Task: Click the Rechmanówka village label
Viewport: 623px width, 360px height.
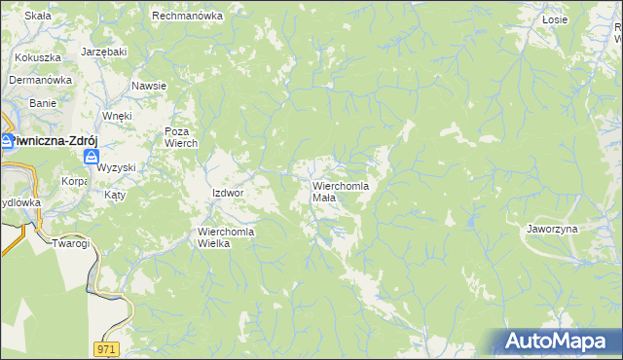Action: pyautogui.click(x=188, y=16)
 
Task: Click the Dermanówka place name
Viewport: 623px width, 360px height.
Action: pyautogui.click(x=42, y=80)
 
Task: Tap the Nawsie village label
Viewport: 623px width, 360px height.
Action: pyautogui.click(x=149, y=86)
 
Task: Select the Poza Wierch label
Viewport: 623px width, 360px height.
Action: pyautogui.click(x=181, y=137)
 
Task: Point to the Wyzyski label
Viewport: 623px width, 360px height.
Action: pyautogui.click(x=116, y=167)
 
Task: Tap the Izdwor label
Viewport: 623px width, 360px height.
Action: pyautogui.click(x=227, y=193)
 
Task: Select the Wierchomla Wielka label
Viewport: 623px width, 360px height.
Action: pyautogui.click(x=226, y=237)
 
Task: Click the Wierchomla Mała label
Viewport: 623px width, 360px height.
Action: pyautogui.click(x=338, y=191)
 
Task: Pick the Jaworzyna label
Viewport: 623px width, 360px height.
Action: pyautogui.click(x=552, y=229)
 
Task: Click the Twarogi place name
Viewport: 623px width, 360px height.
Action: pyautogui.click(x=71, y=242)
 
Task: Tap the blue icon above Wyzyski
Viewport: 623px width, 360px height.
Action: pyautogui.click(x=91, y=157)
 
